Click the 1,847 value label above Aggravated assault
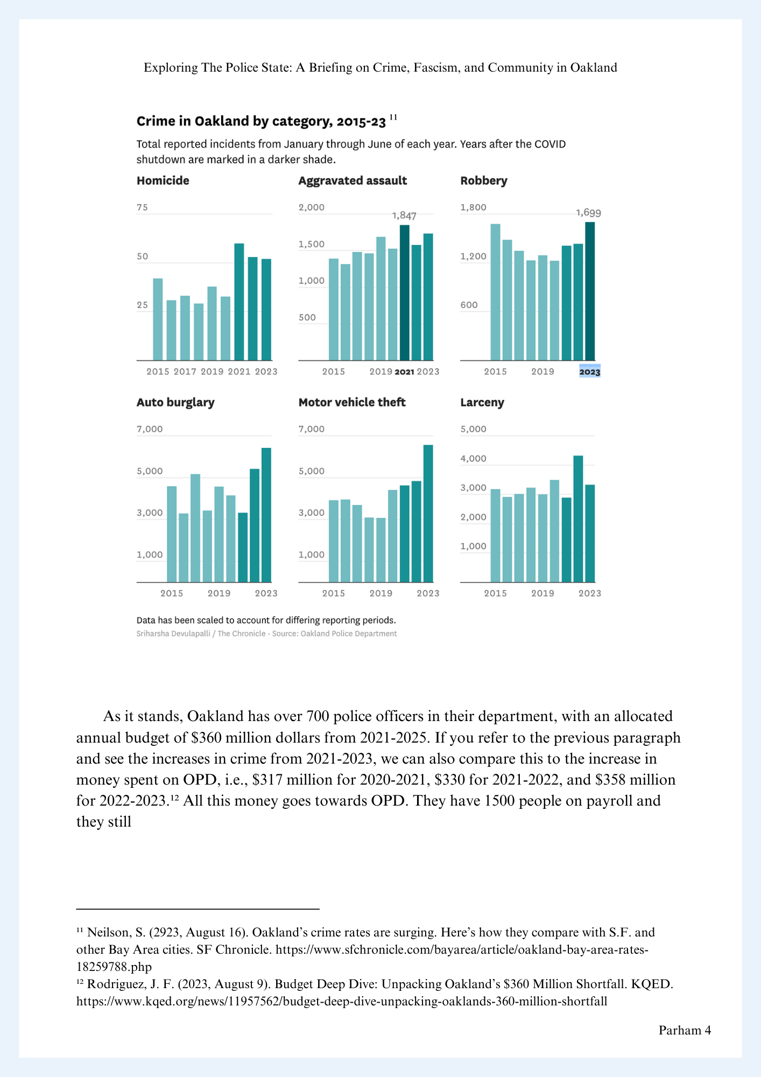coord(404,216)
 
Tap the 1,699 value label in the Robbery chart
coord(588,213)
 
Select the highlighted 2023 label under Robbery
coord(589,372)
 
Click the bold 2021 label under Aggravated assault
coord(404,372)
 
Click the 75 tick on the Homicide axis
coord(142,208)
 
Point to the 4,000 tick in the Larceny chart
coord(473,459)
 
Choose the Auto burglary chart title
coord(175,402)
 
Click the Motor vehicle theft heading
coord(351,402)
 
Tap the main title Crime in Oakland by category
coord(261,122)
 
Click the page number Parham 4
coord(685,1030)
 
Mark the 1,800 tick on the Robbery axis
coord(473,208)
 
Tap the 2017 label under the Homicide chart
coord(185,372)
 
